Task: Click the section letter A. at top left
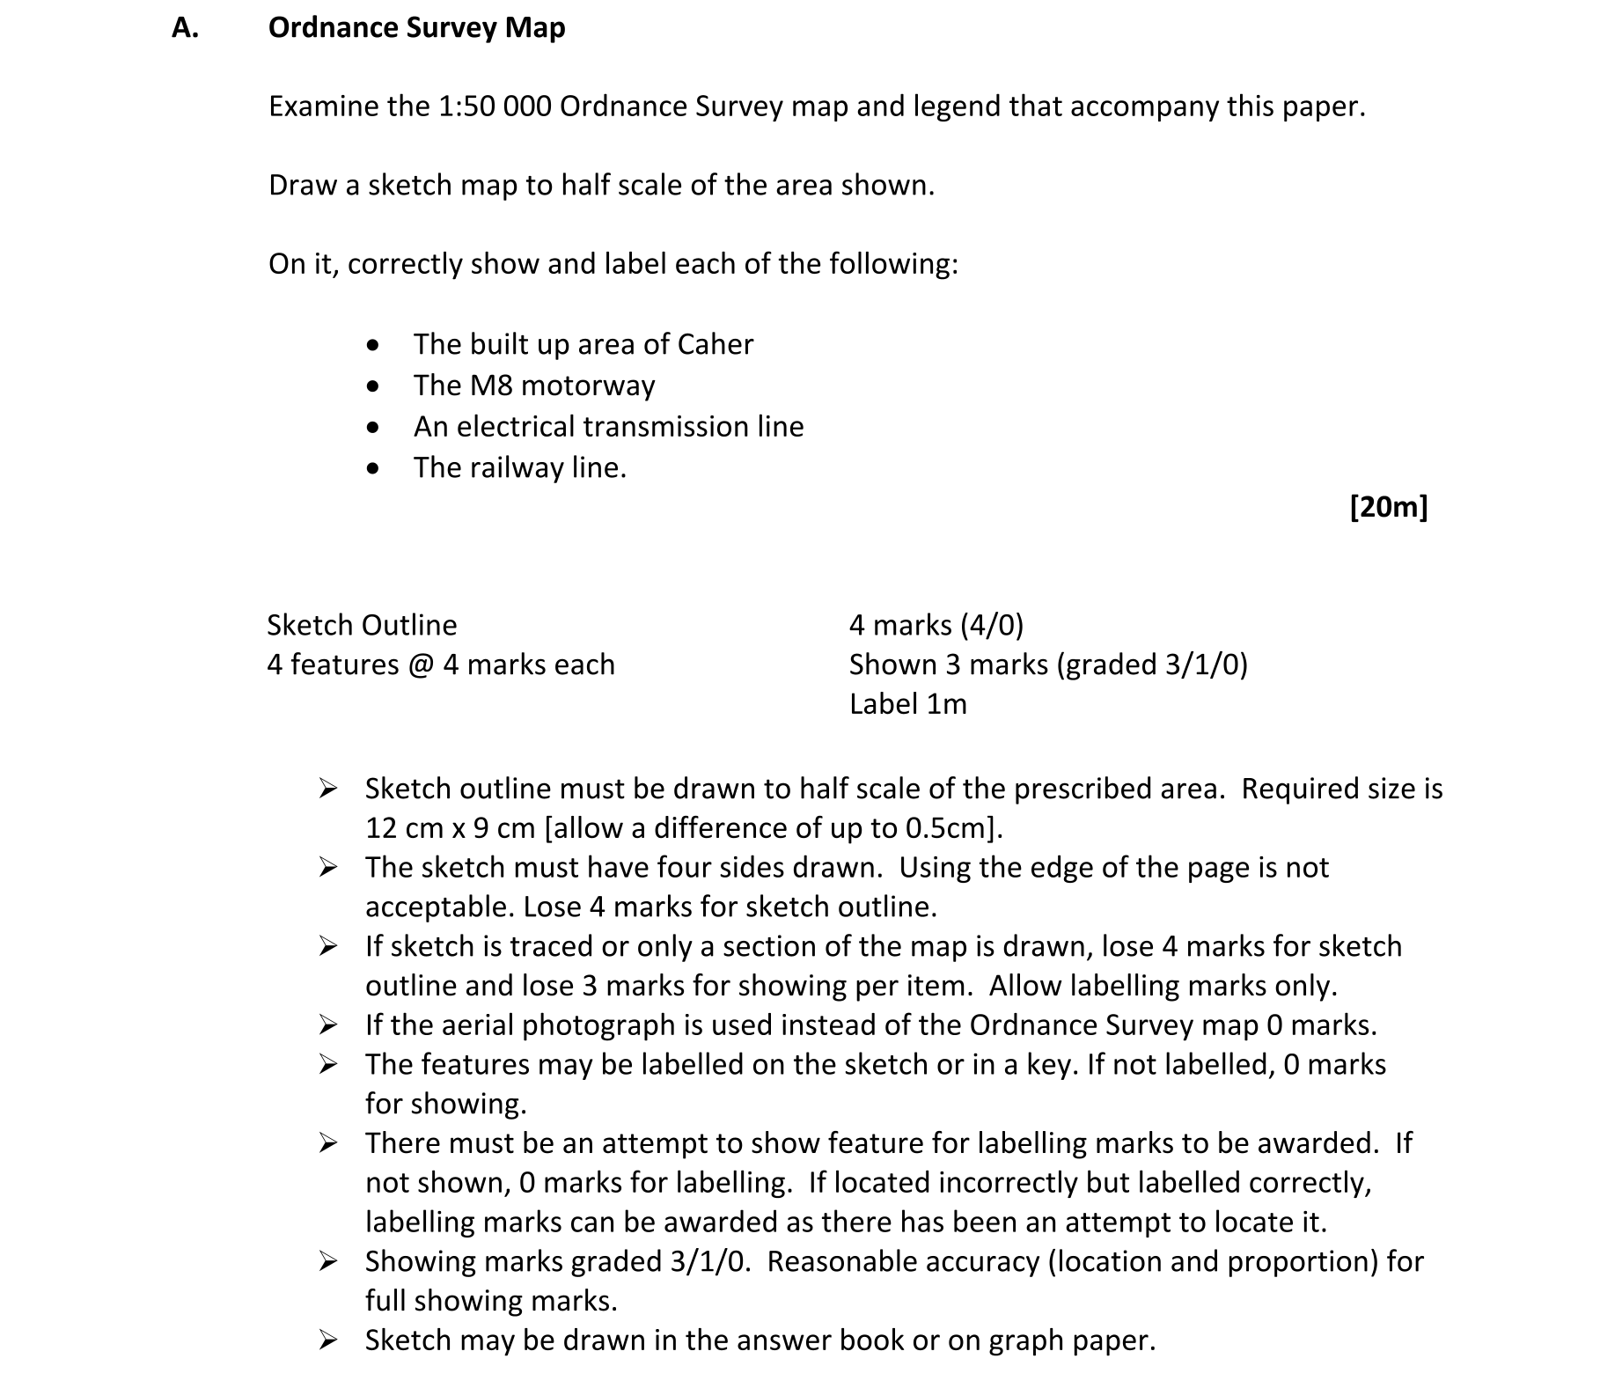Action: click(185, 28)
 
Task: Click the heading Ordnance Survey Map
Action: click(416, 28)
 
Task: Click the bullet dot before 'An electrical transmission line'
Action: click(375, 428)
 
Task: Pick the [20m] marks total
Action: click(1388, 507)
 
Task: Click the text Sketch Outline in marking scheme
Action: click(362, 625)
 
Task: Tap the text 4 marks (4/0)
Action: click(936, 625)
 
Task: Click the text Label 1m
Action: click(907, 704)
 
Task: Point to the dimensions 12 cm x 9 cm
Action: click(450, 828)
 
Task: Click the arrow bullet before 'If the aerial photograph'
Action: click(328, 1025)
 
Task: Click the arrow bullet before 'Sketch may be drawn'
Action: click(328, 1340)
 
